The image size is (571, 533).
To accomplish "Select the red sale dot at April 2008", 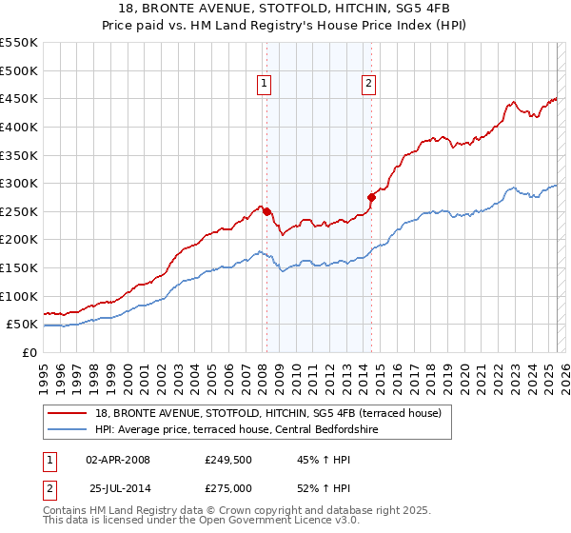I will point(266,211).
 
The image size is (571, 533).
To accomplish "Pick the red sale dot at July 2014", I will point(372,197).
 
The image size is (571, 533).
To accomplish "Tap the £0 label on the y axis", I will point(29,352).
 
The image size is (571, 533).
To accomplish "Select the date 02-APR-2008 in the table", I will point(118,460).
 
